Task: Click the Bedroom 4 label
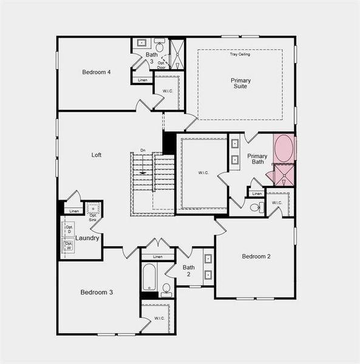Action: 97,72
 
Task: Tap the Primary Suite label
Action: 240,83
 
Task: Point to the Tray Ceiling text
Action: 240,55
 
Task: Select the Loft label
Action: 97,155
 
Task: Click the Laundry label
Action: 88,238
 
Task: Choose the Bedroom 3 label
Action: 97,292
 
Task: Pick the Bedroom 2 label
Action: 256,256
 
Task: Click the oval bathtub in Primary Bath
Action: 284,149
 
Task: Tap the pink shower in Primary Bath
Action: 283,175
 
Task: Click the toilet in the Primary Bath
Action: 256,207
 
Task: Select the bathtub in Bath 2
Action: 149,278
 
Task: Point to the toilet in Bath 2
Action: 166,289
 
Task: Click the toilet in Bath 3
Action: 160,45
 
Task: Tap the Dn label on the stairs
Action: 143,150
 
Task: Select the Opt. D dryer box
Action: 69,229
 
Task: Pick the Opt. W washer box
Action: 69,246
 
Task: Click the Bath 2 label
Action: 189,271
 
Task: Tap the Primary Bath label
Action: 257,159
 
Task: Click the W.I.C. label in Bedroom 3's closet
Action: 159,318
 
